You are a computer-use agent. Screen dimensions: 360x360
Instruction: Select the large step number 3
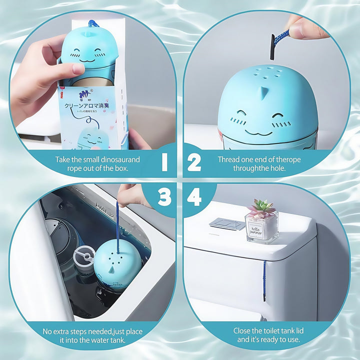[164, 197]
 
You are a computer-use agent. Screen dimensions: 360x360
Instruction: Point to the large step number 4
[194, 197]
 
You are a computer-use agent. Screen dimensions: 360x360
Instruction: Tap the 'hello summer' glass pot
[261, 227]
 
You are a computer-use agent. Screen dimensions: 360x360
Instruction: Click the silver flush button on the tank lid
[227, 223]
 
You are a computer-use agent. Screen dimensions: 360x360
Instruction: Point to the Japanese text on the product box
[91, 106]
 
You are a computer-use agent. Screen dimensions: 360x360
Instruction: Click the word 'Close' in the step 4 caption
[243, 330]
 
